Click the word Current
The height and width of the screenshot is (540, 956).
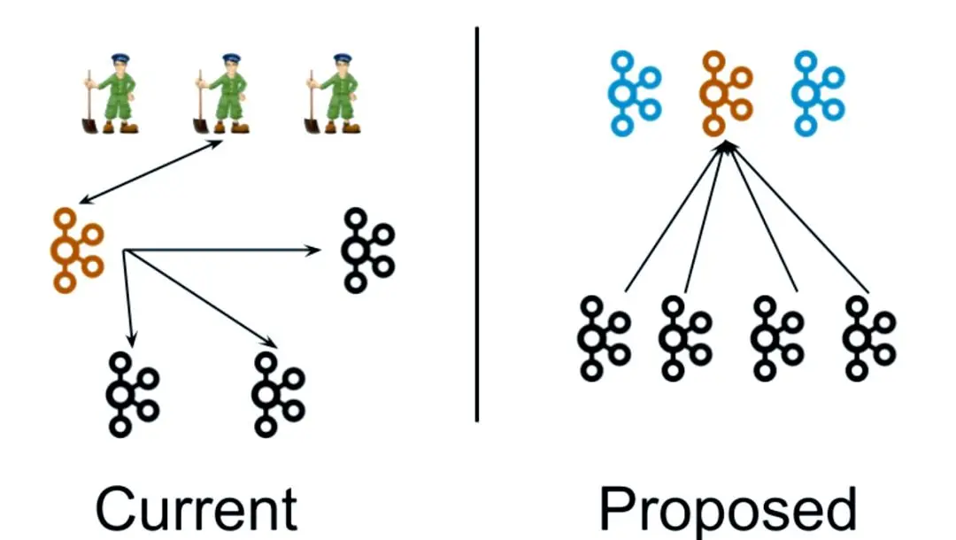click(x=197, y=509)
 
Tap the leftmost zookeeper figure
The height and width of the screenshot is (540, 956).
click(x=111, y=94)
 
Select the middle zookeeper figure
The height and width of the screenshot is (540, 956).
click(x=222, y=94)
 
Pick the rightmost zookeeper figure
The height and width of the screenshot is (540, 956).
click(x=333, y=94)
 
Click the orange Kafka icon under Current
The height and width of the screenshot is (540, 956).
click(x=66, y=251)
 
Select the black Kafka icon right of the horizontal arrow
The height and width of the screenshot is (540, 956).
click(x=356, y=251)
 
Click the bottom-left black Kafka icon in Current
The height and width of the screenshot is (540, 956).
click(x=120, y=394)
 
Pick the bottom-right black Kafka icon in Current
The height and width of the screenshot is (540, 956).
click(x=266, y=394)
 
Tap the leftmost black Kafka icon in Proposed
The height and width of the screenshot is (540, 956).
click(x=592, y=339)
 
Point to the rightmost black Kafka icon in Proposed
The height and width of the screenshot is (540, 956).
click(x=858, y=339)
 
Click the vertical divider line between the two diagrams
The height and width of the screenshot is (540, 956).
click(x=477, y=224)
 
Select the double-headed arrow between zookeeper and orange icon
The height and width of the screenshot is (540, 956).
click(x=150, y=172)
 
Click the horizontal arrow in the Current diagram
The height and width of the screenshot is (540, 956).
click(x=222, y=250)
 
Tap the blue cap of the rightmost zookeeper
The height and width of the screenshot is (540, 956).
click(x=342, y=58)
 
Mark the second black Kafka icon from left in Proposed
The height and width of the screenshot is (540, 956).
click(x=674, y=339)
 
